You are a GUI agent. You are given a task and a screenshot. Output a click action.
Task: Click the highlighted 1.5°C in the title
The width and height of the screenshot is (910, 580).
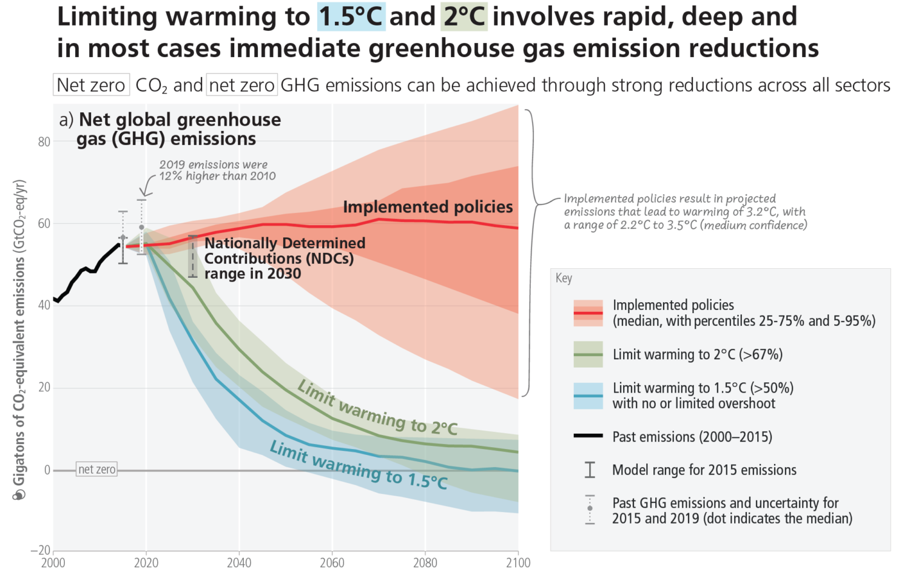click(351, 16)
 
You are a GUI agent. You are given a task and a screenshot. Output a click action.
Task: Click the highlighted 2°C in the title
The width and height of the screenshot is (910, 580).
click(464, 16)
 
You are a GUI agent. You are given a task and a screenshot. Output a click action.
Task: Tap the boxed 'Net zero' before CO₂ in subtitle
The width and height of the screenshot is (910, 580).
click(91, 85)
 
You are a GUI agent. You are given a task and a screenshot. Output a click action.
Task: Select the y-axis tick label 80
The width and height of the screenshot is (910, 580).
click(44, 142)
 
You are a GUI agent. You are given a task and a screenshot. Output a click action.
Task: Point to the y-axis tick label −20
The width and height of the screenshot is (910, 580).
click(41, 550)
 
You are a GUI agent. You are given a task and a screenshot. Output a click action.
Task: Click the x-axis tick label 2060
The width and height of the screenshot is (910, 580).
click(332, 563)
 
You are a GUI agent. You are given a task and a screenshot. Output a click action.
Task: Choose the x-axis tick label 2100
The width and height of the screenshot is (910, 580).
click(517, 563)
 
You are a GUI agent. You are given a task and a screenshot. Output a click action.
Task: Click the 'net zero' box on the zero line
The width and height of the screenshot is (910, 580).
click(97, 470)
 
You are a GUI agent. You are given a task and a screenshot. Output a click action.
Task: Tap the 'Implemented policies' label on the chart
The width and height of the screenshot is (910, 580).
click(428, 207)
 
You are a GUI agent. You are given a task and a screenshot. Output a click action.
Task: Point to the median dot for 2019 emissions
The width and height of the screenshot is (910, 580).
click(141, 228)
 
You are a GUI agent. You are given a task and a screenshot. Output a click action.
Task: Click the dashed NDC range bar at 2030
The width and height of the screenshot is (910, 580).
click(193, 257)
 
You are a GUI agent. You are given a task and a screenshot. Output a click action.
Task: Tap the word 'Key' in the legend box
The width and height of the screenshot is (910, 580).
click(564, 278)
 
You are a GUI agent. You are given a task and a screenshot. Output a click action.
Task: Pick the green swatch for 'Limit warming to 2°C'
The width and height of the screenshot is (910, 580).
click(588, 354)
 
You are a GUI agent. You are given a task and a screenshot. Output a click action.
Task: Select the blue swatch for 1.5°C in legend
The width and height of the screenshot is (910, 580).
click(588, 396)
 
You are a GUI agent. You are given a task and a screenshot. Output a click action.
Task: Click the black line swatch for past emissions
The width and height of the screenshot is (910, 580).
click(588, 436)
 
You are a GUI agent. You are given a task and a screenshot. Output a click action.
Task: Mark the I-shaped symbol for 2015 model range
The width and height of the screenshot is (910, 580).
click(590, 470)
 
